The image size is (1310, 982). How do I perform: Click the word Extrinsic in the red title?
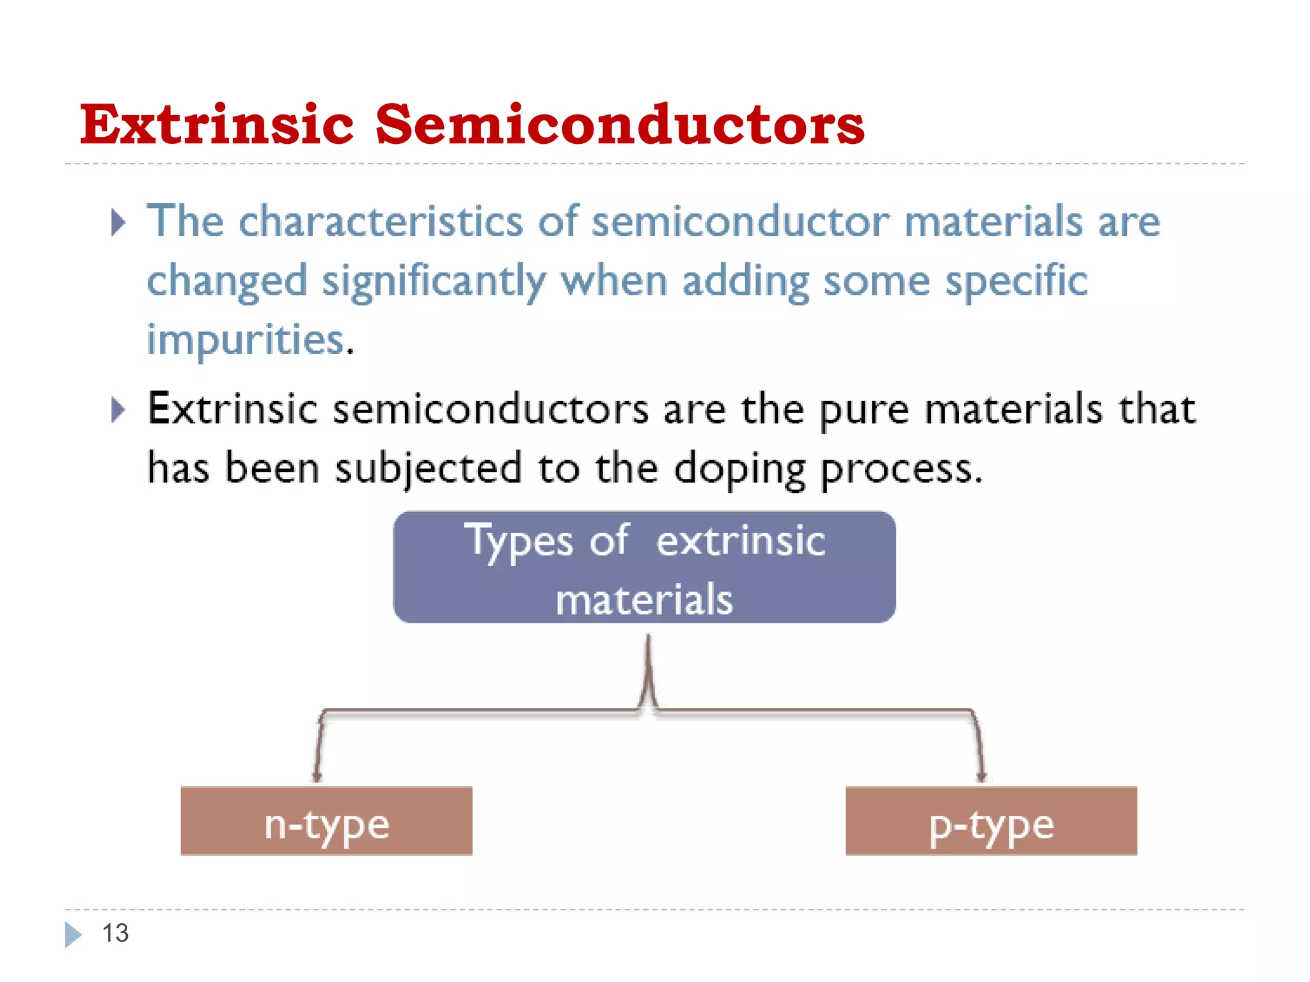point(216,124)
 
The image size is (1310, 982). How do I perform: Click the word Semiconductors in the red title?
point(619,124)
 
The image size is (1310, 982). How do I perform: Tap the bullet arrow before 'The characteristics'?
point(118,222)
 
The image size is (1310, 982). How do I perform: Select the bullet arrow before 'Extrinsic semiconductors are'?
point(118,410)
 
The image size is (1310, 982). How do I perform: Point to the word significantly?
point(433,282)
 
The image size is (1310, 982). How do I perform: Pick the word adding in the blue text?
point(745,282)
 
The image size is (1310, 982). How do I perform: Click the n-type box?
point(326,822)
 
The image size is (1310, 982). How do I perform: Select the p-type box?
point(991,822)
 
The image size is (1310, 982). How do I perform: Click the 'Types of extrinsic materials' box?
point(644,567)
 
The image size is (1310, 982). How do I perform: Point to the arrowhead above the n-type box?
point(317,777)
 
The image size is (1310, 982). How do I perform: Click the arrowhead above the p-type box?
point(981,777)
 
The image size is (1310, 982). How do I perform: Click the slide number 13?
point(115,933)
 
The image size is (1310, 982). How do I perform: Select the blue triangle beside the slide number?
point(73,935)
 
